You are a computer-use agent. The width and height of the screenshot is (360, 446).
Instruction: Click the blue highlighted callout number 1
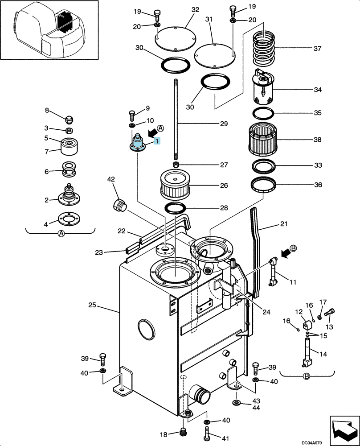tap(157, 140)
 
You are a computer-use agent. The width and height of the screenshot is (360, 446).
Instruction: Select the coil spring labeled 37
tap(264, 47)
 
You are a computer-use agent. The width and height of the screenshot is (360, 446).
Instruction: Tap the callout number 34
tap(318, 90)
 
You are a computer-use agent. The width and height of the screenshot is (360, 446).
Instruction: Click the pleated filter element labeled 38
tap(262, 139)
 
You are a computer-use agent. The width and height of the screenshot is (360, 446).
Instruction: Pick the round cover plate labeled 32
tap(176, 39)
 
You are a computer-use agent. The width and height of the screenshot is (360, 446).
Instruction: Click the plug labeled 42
tap(119, 205)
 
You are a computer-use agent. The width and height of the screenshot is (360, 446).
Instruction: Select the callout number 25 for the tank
tap(92, 305)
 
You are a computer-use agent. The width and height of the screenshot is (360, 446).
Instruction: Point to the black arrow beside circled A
tap(152, 132)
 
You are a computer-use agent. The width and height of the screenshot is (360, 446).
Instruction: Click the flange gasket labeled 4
tap(69, 219)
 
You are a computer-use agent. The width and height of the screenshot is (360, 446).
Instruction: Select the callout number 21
tap(284, 224)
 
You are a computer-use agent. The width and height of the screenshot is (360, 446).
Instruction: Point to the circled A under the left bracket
tap(61, 234)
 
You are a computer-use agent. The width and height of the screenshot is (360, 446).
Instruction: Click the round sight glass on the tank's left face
tap(146, 329)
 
